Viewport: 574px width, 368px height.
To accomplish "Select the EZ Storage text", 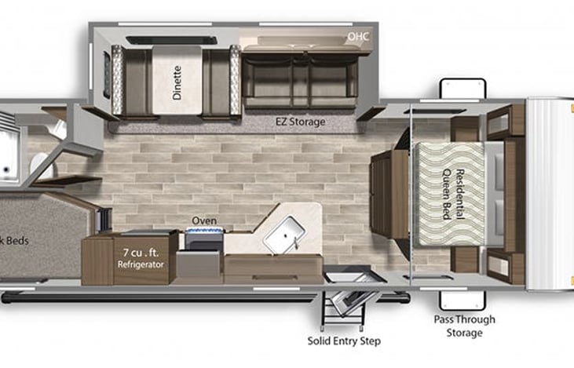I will (299, 122).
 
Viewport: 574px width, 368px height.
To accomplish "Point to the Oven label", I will (204, 221).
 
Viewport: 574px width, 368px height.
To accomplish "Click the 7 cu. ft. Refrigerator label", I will (140, 258).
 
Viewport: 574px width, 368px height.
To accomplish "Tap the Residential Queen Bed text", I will (451, 193).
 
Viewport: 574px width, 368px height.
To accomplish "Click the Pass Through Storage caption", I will (463, 326).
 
